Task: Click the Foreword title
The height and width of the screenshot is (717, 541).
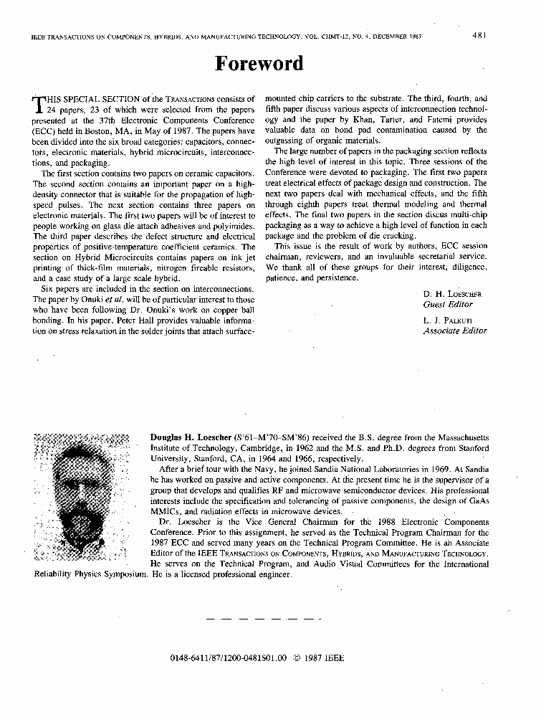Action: click(259, 64)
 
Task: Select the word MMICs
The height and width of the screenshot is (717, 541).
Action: click(166, 511)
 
